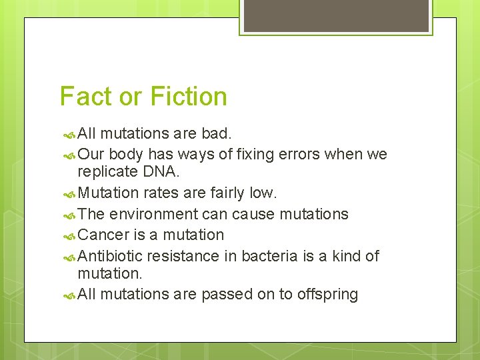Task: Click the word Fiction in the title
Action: click(189, 97)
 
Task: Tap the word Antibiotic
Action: click(110, 255)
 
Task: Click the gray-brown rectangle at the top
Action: click(335, 16)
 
